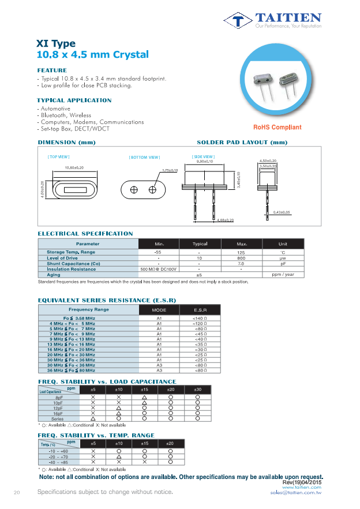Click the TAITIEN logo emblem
(238, 21)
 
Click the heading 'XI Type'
(56, 44)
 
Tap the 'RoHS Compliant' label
(277, 128)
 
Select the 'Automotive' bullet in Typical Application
(55, 108)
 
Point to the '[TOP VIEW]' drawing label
(59, 156)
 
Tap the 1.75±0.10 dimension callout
(171, 170)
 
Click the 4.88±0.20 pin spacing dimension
(224, 220)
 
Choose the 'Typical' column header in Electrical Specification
(200, 244)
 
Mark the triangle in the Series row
(93, 419)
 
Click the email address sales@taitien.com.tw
(295, 493)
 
